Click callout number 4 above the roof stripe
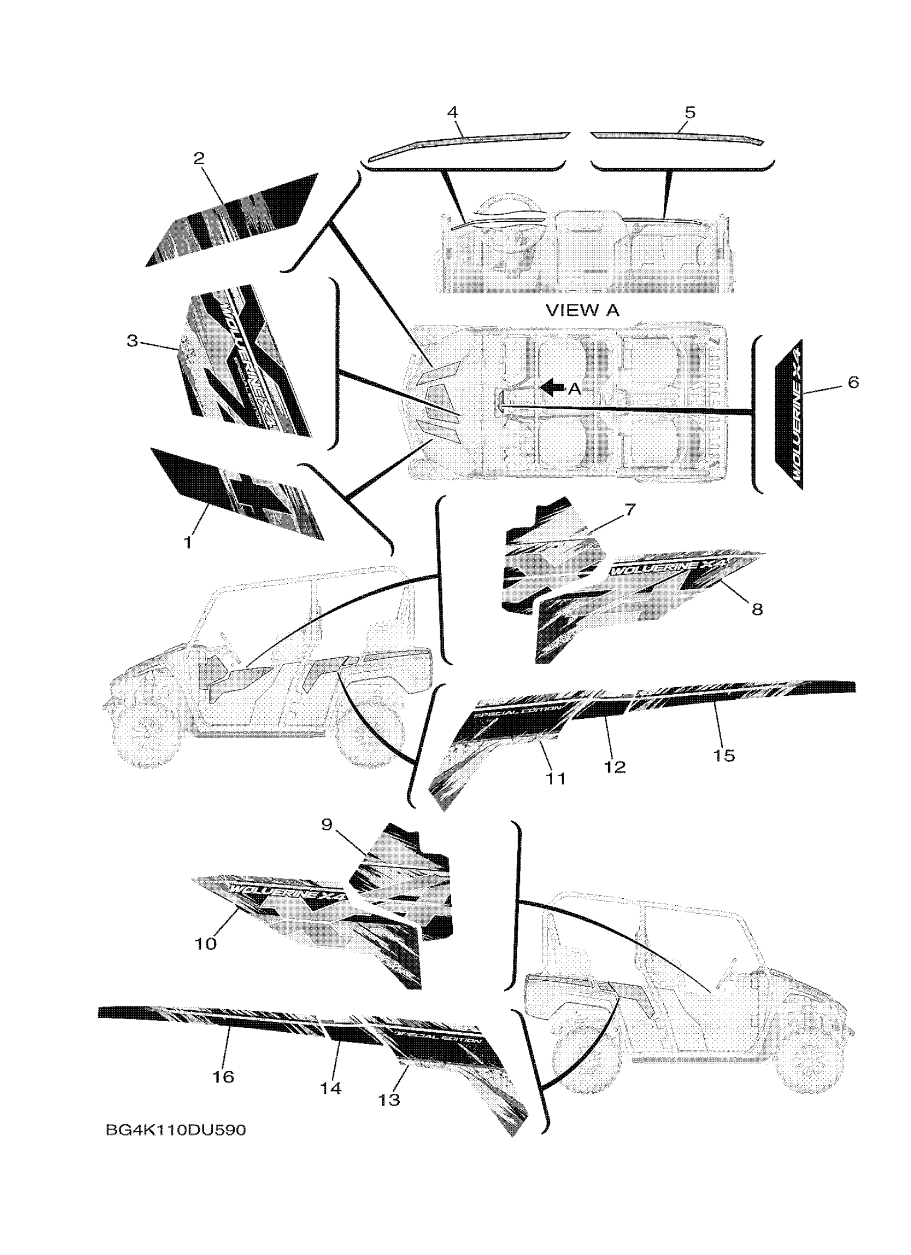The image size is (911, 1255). point(453,112)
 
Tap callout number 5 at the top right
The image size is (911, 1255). point(690,112)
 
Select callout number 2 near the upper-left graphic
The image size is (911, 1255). point(199,159)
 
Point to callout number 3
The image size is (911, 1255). point(132,341)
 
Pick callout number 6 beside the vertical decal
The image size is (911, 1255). point(853,382)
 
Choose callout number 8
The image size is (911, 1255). point(757,609)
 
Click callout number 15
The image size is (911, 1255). point(724,755)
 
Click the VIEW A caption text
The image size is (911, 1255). point(583,311)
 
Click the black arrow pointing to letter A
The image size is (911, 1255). point(552,387)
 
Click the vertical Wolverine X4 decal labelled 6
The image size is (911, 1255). point(788,414)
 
